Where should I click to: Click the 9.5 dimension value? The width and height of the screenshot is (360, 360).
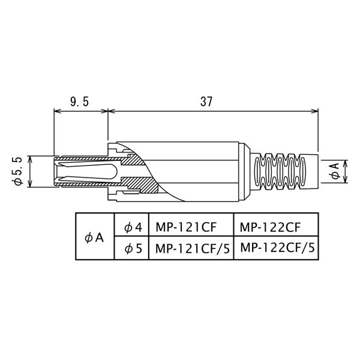click(79, 101)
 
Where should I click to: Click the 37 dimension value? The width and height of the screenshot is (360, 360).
click(206, 101)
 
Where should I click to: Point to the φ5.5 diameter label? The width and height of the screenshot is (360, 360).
click(17, 171)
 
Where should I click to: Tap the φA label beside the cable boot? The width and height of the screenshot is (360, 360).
click(335, 171)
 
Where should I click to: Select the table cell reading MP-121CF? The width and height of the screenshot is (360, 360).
click(186, 227)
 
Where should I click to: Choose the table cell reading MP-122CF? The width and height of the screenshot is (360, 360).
click(270, 227)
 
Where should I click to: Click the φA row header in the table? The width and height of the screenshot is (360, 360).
click(94, 238)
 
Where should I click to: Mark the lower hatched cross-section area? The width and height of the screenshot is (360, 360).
click(140, 185)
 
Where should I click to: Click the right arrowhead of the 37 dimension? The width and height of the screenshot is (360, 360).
click(315, 112)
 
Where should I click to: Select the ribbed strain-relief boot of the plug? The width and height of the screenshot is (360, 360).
click(284, 171)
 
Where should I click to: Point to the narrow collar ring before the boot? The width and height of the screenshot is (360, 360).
click(241, 172)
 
